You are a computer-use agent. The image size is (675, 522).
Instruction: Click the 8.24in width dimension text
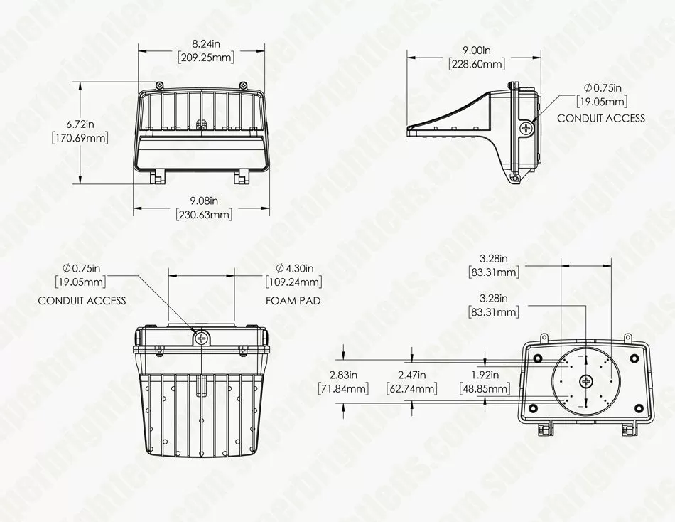[206, 43]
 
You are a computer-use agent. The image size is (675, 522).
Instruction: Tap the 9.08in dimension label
[205, 201]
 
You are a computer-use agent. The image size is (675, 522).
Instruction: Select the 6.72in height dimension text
[80, 124]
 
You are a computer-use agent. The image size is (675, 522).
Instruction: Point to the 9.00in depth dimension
[477, 50]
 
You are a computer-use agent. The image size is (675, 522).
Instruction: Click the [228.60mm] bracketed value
[477, 64]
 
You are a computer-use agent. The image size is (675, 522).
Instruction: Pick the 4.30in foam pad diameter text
[295, 269]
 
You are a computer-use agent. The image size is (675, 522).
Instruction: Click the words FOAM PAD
[293, 300]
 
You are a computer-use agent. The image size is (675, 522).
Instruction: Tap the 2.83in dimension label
[343, 375]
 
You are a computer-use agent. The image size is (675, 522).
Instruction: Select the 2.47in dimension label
[412, 375]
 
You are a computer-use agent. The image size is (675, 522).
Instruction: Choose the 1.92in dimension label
[485, 375]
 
